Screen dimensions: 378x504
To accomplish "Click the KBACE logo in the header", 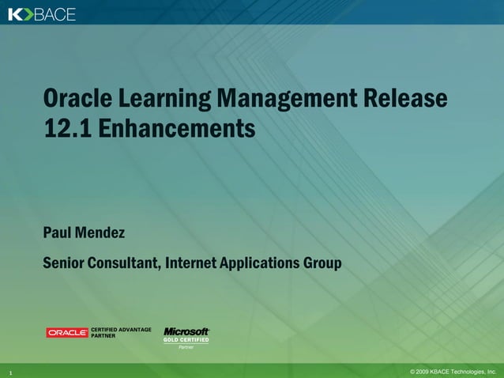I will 42,13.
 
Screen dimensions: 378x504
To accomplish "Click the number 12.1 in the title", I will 66,128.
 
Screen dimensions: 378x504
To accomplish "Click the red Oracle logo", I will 67,333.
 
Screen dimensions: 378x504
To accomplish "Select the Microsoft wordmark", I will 186,331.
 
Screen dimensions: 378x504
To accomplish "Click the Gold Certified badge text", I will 186,340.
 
